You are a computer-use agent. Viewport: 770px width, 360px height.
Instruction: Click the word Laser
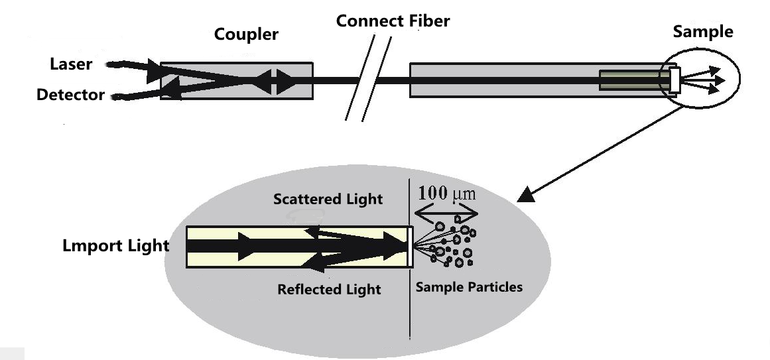click(x=71, y=64)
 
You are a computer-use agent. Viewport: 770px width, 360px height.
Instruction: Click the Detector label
click(x=70, y=95)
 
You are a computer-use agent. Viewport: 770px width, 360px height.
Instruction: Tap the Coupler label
click(x=246, y=34)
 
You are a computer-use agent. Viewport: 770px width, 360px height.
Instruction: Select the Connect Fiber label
click(x=393, y=21)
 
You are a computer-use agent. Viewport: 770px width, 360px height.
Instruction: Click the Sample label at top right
click(x=703, y=32)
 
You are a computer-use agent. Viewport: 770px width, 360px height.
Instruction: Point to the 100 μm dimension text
click(x=447, y=195)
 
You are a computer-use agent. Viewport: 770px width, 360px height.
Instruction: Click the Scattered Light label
click(x=328, y=199)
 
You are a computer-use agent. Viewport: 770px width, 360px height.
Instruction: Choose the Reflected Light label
click(x=329, y=289)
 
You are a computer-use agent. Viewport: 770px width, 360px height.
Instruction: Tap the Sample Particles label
click(x=468, y=287)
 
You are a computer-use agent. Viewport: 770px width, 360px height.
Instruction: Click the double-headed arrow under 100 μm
click(x=446, y=212)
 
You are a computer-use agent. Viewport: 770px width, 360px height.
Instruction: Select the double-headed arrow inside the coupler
click(x=274, y=82)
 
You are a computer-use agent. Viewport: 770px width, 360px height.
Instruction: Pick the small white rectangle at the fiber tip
click(x=674, y=80)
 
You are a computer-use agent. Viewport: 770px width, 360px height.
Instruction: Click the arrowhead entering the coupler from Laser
click(x=157, y=68)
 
